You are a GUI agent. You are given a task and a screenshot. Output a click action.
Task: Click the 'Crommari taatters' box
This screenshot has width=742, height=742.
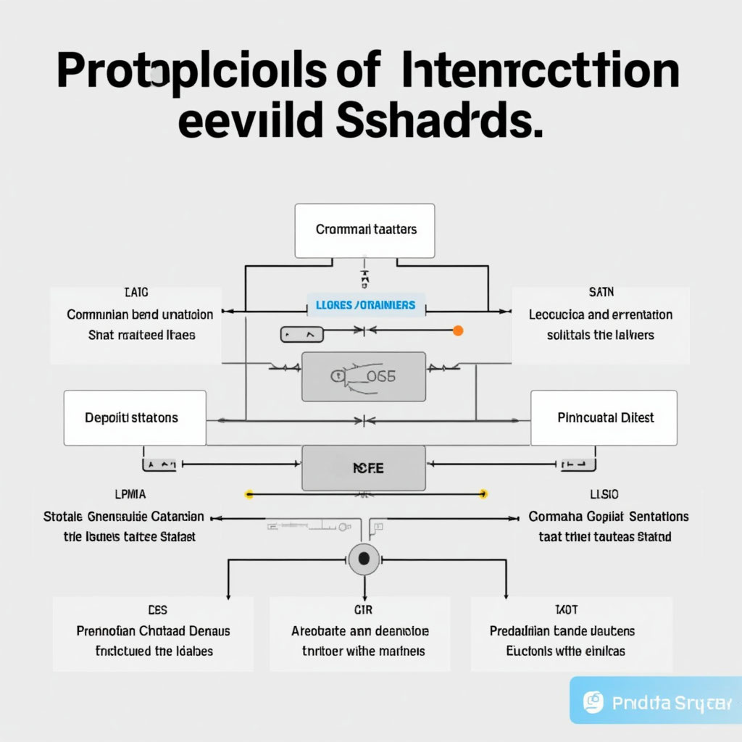[x=364, y=230]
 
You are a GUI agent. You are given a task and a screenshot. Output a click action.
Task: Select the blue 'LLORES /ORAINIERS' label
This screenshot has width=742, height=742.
[x=365, y=305]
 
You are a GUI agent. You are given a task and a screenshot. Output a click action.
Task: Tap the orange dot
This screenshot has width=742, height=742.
[x=457, y=331]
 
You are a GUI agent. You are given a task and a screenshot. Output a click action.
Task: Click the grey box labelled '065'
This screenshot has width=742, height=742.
[x=363, y=376]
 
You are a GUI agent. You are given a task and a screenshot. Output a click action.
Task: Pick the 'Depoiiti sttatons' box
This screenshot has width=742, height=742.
[x=135, y=417]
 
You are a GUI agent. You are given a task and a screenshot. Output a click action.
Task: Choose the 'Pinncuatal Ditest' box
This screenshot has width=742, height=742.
[x=604, y=417]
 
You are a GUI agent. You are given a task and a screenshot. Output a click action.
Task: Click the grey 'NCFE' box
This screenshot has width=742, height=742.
[x=363, y=468]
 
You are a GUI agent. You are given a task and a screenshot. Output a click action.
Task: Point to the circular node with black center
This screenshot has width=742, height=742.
[x=364, y=559]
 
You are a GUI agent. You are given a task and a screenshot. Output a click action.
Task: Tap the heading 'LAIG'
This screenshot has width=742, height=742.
[x=136, y=293]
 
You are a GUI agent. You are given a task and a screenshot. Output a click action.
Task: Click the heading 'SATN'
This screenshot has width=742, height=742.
[x=601, y=293]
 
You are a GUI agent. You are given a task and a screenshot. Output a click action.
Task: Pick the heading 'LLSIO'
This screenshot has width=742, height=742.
[x=604, y=494]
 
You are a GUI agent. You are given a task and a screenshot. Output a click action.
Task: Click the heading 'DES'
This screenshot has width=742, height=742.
[x=157, y=610]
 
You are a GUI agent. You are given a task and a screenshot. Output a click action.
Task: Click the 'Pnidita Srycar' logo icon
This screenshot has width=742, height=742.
[x=593, y=701]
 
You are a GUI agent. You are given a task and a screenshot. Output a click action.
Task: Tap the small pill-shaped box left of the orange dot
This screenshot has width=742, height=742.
[x=301, y=335]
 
